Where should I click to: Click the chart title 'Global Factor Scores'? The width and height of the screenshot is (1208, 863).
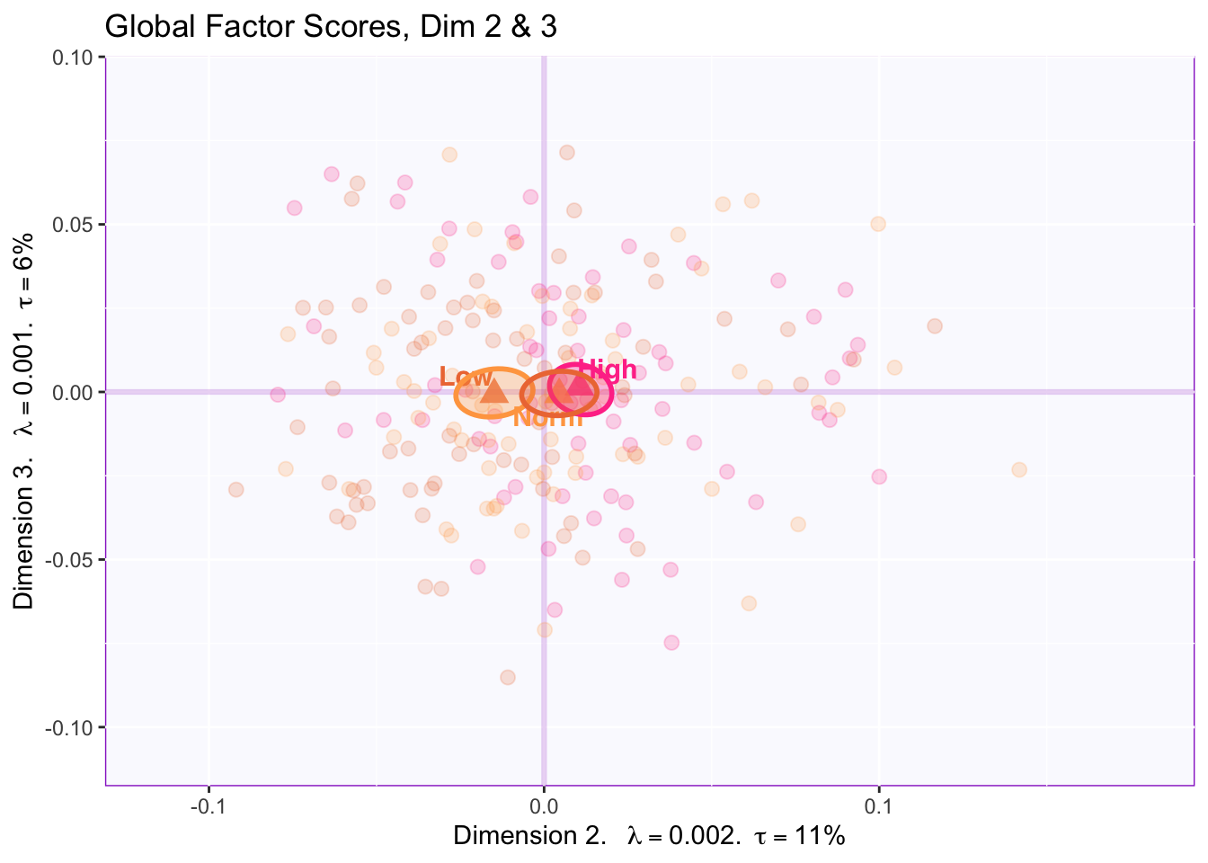pyautogui.click(x=331, y=27)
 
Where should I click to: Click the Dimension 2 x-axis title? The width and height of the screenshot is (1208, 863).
pyautogui.click(x=649, y=836)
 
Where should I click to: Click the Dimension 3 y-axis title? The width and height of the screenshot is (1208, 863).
pyautogui.click(x=24, y=421)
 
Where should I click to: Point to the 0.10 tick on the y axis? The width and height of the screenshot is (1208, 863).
pyautogui.click(x=75, y=58)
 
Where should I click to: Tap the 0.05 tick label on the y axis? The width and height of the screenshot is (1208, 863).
pyautogui.click(x=75, y=225)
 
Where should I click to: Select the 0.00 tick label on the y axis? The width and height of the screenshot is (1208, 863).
pyautogui.click(x=75, y=392)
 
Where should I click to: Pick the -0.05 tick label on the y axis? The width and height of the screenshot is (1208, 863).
pyautogui.click(x=74, y=560)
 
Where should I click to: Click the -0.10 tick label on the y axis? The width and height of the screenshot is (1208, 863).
pyautogui.click(x=74, y=727)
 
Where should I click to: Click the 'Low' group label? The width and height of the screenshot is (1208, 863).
pyautogui.click(x=466, y=378)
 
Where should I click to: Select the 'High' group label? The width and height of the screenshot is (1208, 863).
pyautogui.click(x=608, y=369)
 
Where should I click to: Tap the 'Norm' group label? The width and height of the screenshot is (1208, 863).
pyautogui.click(x=547, y=418)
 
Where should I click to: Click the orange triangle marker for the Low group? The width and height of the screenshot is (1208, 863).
pyautogui.click(x=493, y=391)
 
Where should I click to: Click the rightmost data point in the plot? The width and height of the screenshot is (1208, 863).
pyautogui.click(x=1018, y=469)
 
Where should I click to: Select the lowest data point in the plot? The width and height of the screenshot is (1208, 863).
pyautogui.click(x=508, y=677)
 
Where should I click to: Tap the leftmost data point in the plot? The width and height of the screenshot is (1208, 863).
pyautogui.click(x=235, y=489)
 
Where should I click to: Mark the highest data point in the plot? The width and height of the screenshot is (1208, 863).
pyautogui.click(x=566, y=153)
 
